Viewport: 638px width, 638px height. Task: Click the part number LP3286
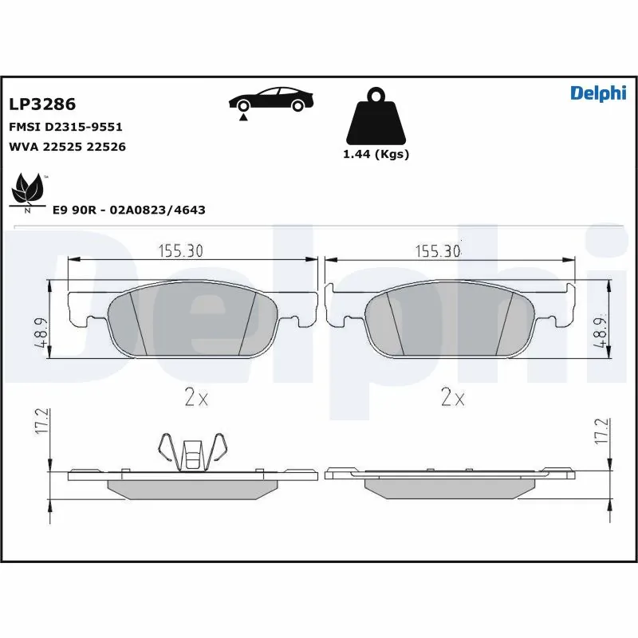[41, 104]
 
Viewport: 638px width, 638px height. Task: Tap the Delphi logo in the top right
[598, 93]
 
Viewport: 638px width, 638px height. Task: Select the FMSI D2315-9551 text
[65, 127]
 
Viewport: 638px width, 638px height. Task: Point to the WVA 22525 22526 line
[67, 147]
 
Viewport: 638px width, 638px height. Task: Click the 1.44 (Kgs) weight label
[376, 155]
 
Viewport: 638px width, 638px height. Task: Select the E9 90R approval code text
[128, 210]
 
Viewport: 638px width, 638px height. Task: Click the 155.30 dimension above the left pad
[180, 251]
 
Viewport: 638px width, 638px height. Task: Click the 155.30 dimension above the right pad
[438, 251]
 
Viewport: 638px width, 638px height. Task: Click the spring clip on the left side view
[191, 452]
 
